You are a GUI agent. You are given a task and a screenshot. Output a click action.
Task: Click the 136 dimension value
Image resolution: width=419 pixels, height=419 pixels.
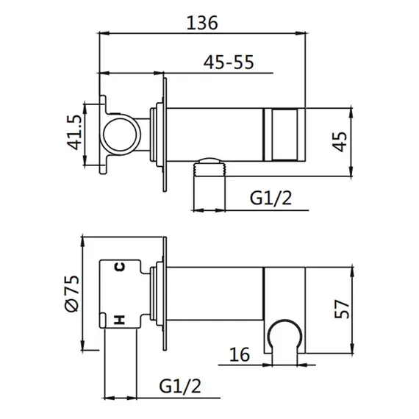pyautogui.click(x=202, y=23)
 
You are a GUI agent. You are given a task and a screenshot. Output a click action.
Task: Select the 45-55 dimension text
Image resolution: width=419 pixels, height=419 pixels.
pyautogui.click(x=229, y=62)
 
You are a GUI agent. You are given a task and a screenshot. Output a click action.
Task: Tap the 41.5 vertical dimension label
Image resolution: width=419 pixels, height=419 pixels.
pyautogui.click(x=74, y=132)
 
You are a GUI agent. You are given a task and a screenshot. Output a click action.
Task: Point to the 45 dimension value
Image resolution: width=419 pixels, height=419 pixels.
pyautogui.click(x=340, y=142)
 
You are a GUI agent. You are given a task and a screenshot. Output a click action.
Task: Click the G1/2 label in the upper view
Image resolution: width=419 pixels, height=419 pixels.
pyautogui.click(x=271, y=198)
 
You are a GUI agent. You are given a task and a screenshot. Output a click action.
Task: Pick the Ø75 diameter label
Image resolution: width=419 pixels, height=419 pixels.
pyautogui.click(x=72, y=293)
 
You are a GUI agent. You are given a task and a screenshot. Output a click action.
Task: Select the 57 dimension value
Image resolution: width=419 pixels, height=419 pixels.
pyautogui.click(x=342, y=309)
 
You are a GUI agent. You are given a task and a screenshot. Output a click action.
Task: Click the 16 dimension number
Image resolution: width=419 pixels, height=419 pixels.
pyautogui.click(x=240, y=354)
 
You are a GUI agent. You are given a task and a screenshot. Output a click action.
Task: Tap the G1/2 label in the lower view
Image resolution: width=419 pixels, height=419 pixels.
pyautogui.click(x=180, y=386)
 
